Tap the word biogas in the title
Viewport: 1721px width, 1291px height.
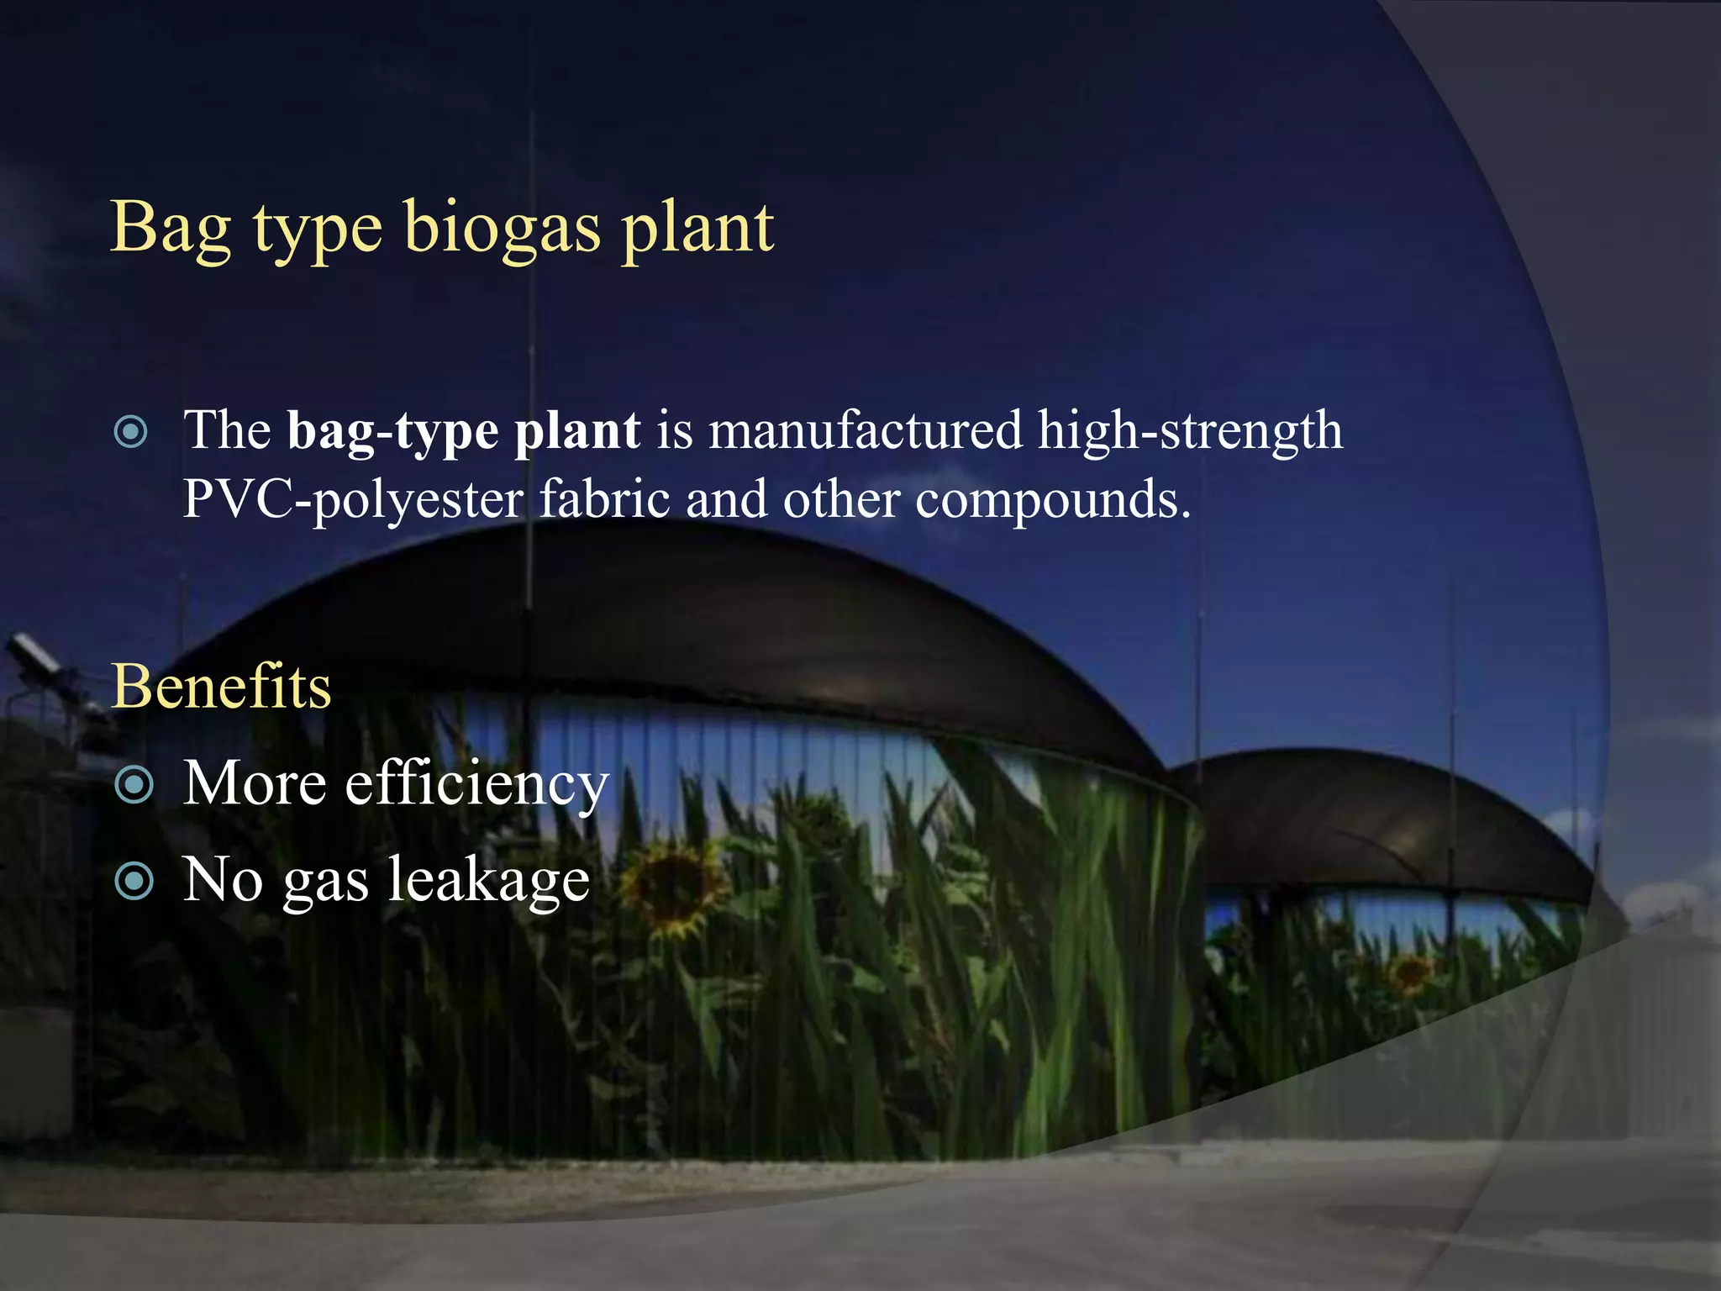click(x=503, y=229)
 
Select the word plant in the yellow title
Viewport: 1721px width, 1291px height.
click(x=697, y=229)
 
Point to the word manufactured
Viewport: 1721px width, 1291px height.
click(x=866, y=430)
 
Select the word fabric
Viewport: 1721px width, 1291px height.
click(x=604, y=499)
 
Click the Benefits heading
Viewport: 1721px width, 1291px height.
click(x=221, y=687)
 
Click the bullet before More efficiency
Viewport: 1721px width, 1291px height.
click(x=134, y=785)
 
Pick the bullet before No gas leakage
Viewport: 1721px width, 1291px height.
click(x=134, y=882)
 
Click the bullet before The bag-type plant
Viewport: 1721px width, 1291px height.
click(x=131, y=432)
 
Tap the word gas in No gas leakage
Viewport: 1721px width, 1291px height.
click(x=325, y=883)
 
